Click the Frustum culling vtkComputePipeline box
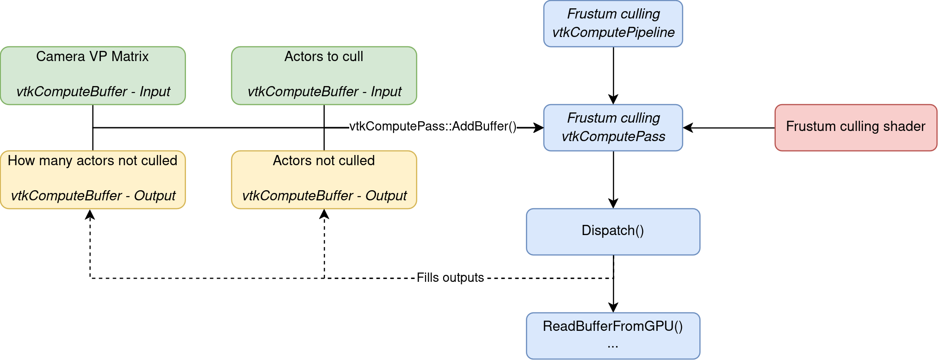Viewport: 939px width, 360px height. (613, 24)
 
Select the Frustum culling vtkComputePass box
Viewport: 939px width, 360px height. (613, 128)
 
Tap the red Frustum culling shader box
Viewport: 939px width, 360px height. (855, 128)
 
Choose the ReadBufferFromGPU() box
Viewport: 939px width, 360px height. (613, 335)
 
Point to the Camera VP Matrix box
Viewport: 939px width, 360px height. (93, 75)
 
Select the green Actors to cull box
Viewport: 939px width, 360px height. (324, 75)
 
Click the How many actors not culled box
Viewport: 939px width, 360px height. (93, 180)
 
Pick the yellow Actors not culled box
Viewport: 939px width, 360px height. (324, 180)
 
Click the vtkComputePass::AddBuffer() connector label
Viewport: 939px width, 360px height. (432, 126)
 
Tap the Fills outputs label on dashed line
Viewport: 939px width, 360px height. (450, 278)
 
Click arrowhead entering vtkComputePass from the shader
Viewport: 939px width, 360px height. (688, 128)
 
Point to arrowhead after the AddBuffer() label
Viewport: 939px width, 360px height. (538, 128)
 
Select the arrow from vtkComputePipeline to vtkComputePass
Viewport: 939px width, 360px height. (613, 74)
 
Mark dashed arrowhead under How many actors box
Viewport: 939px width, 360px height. (90, 214)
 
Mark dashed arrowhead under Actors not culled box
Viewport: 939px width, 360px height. (324, 214)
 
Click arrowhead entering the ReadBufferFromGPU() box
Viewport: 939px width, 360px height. (613, 308)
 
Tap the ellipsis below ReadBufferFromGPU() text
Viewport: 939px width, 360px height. (613, 345)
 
